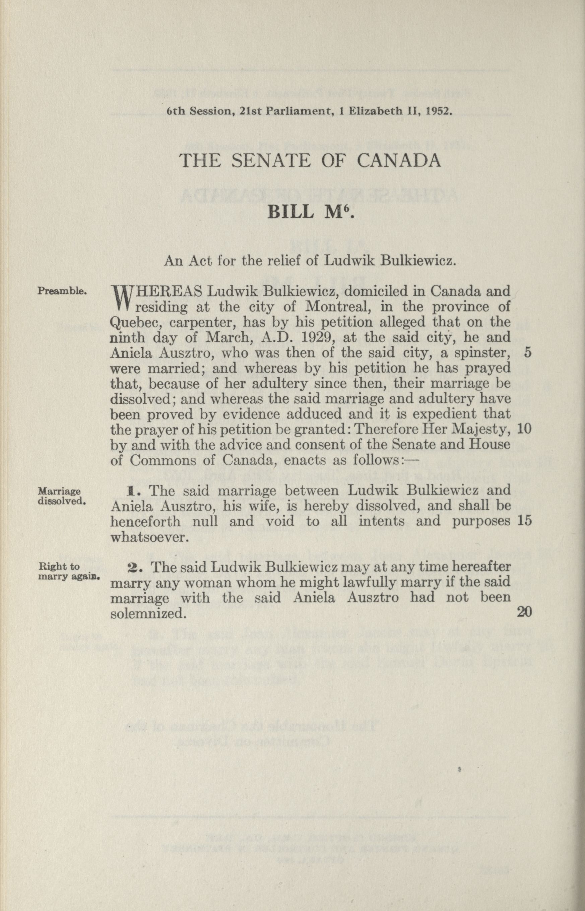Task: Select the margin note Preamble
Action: [x=63, y=291]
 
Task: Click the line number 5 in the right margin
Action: [x=527, y=352]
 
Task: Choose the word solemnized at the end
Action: [x=148, y=613]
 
